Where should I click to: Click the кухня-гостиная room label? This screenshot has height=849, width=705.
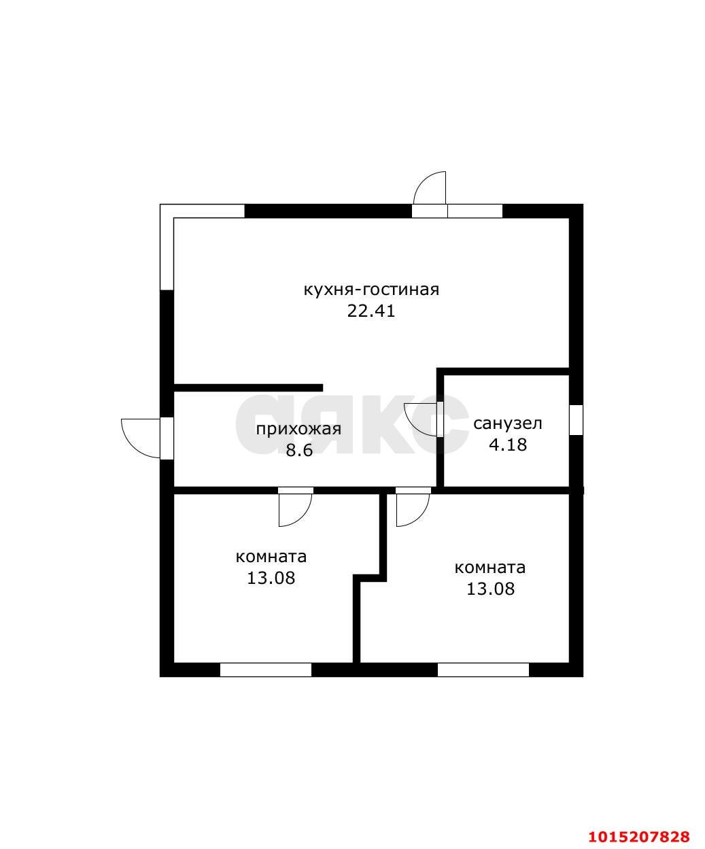[371, 291]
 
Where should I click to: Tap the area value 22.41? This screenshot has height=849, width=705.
[371, 311]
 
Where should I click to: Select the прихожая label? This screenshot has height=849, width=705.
[298, 430]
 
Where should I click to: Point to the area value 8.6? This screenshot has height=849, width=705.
[299, 451]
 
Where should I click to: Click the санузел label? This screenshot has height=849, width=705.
[508, 423]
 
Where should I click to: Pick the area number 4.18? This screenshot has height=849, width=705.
[508, 445]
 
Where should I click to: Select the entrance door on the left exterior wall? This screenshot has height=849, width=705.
[147, 438]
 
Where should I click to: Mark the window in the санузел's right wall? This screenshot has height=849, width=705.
[576, 419]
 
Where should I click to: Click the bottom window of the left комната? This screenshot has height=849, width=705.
[266, 670]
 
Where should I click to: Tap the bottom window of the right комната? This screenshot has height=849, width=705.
[483, 670]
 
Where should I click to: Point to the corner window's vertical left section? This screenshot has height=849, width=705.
[167, 247]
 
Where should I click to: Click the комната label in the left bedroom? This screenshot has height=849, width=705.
[271, 557]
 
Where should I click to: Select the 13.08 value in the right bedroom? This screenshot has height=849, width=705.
[490, 589]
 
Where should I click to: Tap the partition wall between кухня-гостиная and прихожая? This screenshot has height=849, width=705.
[248, 387]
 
